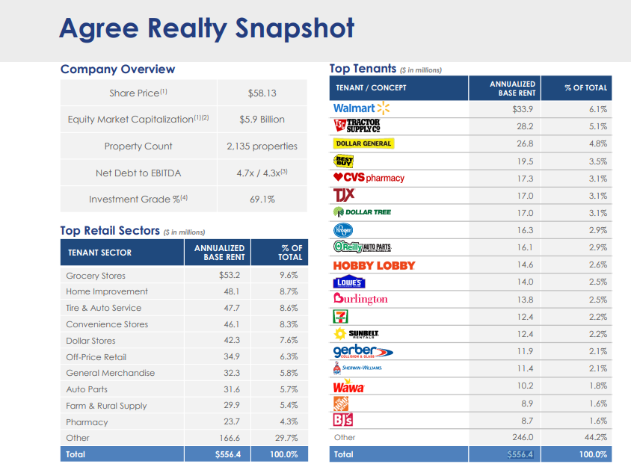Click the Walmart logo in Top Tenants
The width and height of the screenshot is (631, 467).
[361, 108]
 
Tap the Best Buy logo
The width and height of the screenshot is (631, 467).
[343, 161]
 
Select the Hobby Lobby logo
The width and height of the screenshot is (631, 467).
[374, 265]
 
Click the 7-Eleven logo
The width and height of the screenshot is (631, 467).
[340, 316]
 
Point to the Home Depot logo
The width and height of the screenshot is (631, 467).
[340, 403]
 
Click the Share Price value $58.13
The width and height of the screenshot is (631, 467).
[262, 93]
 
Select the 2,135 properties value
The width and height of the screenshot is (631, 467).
[262, 146]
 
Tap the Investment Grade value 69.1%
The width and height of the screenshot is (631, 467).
[262, 200]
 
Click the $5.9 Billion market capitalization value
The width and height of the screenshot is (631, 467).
[262, 120]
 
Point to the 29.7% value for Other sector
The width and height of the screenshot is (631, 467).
[288, 439]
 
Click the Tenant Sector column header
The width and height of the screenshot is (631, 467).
[99, 253]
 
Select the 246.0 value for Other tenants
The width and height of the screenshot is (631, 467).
[521, 438]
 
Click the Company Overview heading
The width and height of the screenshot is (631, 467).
[117, 69]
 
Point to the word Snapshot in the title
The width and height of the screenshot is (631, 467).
[294, 29]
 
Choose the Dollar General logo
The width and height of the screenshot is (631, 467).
[363, 143]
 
